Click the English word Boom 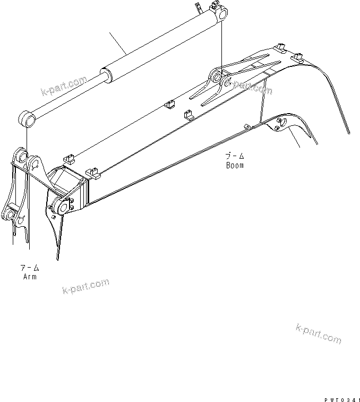(234, 165)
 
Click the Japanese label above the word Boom (234, 157)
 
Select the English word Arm (30, 277)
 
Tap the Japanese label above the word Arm (30, 268)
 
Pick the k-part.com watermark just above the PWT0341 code (319, 333)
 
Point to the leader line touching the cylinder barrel (117, 42)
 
